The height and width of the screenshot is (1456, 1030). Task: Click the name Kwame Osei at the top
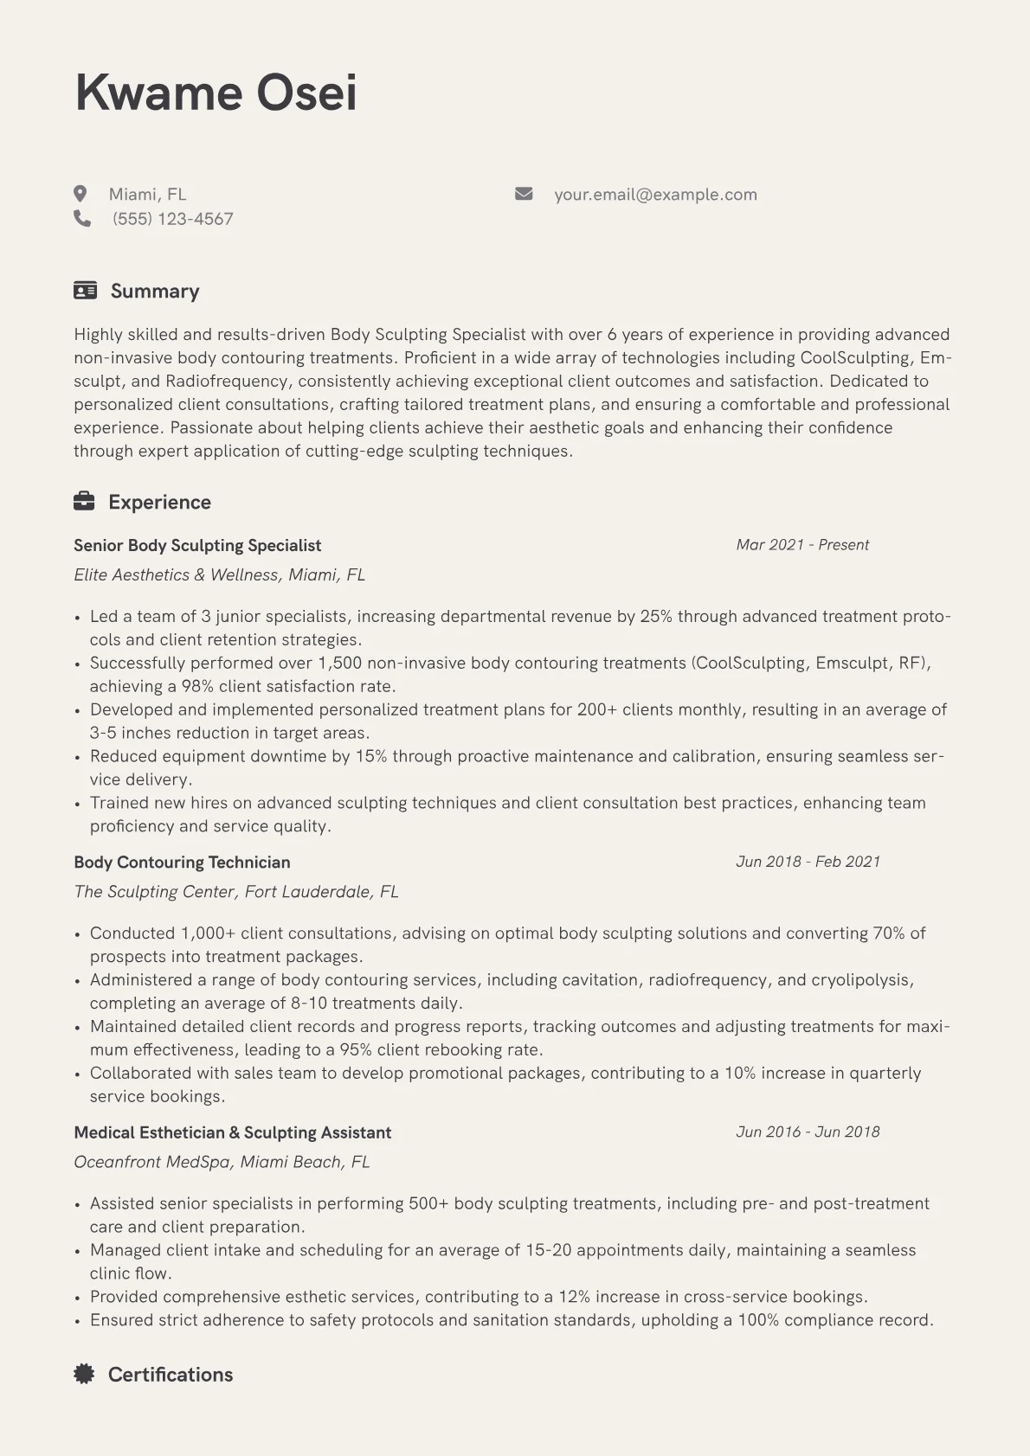point(216,93)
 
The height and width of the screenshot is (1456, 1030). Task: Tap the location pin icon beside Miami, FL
point(80,194)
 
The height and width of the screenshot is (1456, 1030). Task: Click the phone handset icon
point(82,219)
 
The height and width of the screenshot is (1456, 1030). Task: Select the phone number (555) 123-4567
point(173,219)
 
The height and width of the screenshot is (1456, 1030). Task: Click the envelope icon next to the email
point(524,194)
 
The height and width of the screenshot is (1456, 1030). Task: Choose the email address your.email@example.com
point(655,195)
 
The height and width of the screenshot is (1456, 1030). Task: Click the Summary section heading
point(155,292)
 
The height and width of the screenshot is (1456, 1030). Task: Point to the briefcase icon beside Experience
point(84,502)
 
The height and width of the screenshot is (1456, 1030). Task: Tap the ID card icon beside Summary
point(85,291)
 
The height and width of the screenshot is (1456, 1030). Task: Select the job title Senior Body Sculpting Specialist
point(197,546)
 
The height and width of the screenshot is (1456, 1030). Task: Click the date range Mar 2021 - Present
point(802,545)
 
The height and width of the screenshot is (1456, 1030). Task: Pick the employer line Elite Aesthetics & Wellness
point(220,575)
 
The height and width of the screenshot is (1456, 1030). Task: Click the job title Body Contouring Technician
point(182,863)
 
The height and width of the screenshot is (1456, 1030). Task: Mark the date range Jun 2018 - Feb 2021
point(808,862)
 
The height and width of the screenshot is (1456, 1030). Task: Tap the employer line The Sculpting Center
point(236,892)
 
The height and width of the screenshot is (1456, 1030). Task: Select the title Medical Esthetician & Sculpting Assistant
point(232,1132)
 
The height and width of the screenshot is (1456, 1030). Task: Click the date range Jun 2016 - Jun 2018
point(808,1132)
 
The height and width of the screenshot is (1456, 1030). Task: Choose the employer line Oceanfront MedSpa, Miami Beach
point(222,1162)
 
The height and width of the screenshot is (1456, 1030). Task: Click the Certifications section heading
point(171,1375)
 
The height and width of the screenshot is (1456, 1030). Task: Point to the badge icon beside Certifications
point(84,1374)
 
